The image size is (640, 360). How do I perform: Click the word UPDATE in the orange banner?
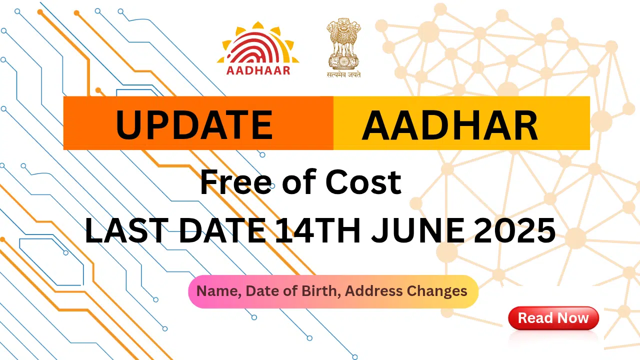pos(194,125)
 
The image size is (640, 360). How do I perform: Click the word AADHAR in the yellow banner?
pos(449,125)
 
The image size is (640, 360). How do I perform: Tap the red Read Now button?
pos(553,318)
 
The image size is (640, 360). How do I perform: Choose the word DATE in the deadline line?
pos(219,231)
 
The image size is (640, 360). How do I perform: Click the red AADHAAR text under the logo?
pos(258,70)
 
